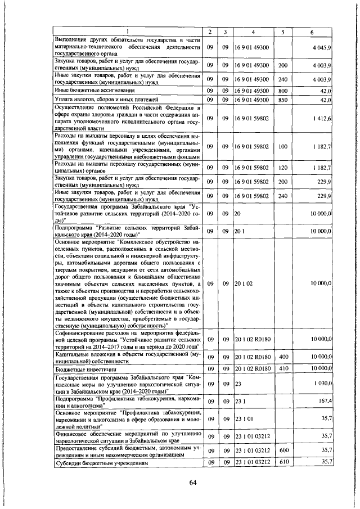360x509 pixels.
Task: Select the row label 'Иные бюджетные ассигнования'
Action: (86, 90)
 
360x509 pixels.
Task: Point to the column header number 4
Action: (253, 31)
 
